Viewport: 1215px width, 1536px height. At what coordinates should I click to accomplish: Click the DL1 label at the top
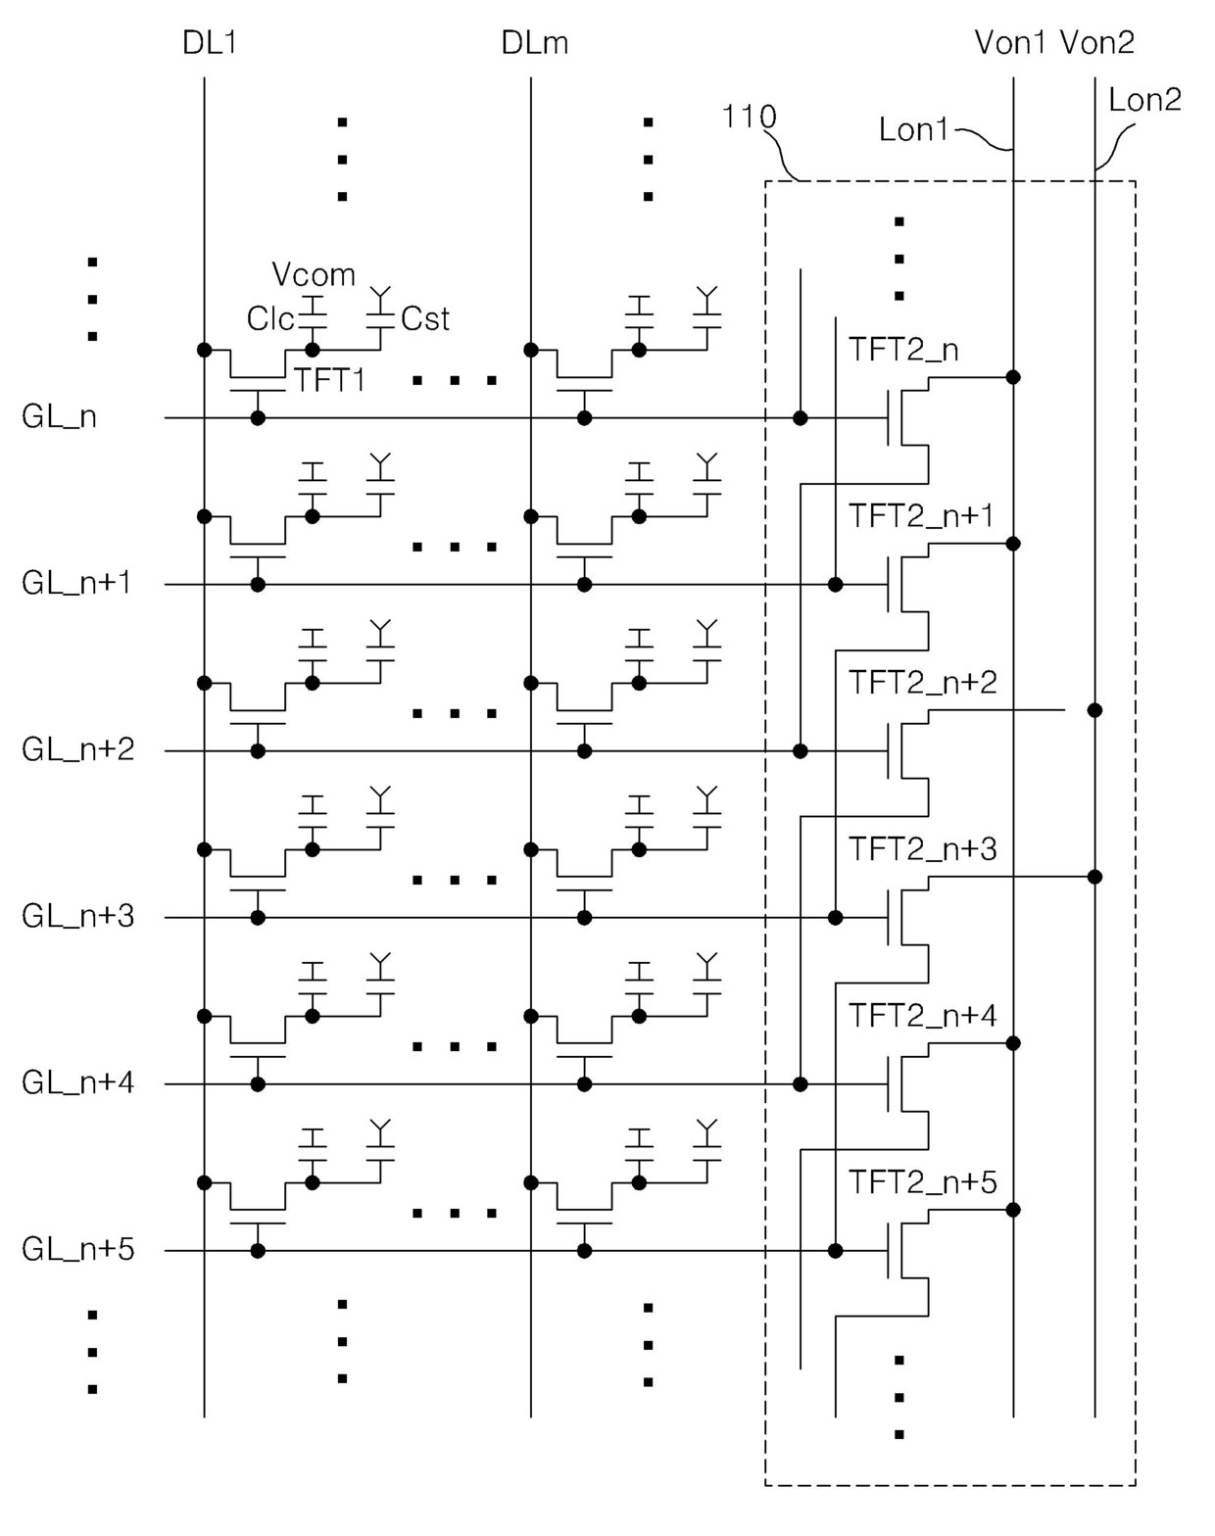209,43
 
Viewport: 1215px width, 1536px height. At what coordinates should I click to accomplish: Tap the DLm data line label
535,43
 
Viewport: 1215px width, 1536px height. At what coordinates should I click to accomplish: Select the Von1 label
1010,43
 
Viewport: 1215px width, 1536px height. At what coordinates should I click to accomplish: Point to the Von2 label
1097,43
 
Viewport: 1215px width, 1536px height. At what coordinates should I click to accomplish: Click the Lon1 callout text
914,130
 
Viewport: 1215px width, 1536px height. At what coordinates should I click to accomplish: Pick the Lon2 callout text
1145,100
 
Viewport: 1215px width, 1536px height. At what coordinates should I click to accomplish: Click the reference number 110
749,117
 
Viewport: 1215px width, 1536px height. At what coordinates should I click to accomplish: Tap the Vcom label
314,275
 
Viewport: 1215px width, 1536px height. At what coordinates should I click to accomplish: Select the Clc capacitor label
270,319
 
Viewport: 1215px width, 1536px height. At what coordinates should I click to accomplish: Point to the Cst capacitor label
425,319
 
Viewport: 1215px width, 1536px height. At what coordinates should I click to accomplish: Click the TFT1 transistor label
330,380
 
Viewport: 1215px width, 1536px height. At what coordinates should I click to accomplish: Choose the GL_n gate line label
59,417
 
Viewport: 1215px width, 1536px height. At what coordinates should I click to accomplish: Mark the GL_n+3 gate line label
77,917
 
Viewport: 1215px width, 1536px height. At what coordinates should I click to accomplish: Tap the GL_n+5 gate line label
77,1249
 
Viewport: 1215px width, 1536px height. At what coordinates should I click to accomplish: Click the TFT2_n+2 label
922,683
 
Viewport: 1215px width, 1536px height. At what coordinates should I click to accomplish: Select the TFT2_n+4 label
922,1016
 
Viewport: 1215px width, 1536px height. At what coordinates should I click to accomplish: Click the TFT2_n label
903,350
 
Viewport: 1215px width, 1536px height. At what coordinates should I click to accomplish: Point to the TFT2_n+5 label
922,1182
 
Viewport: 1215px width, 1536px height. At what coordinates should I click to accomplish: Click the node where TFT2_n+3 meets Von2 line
1094,877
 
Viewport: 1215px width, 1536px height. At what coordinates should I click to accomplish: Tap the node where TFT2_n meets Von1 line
1012,377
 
